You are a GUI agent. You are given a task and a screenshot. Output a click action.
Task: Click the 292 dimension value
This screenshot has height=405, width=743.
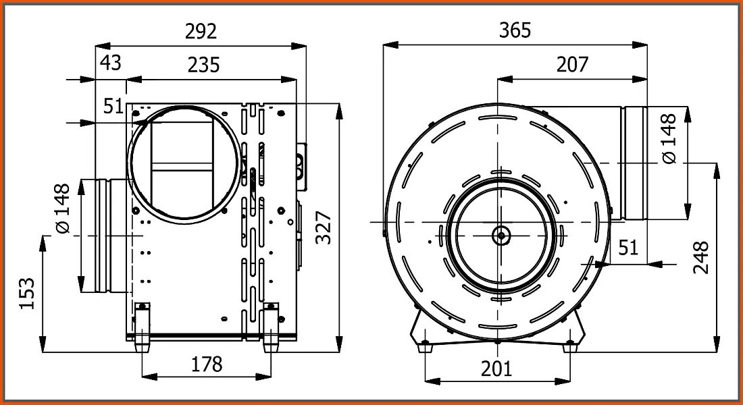click(201, 31)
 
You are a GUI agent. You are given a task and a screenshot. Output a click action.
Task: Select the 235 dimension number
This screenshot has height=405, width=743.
click(204, 65)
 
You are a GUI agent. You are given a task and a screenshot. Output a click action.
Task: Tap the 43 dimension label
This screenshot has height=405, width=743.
click(111, 63)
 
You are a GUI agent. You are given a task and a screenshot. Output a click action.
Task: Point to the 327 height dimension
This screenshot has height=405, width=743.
click(324, 228)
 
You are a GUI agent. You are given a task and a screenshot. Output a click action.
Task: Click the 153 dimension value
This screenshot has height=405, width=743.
click(28, 293)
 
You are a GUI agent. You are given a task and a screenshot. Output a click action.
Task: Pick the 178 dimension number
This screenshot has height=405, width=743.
click(207, 364)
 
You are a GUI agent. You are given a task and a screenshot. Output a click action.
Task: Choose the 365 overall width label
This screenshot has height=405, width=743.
click(515, 30)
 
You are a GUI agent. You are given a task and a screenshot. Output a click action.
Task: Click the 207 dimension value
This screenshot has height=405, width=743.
click(572, 64)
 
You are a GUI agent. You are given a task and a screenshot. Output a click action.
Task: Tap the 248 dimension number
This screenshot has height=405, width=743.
click(701, 257)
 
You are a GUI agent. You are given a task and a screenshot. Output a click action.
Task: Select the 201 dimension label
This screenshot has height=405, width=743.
click(496, 368)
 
